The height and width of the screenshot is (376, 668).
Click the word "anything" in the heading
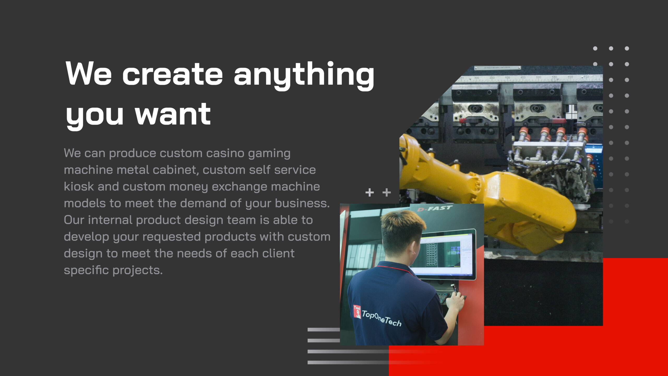(x=304, y=76)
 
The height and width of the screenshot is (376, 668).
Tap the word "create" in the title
(x=172, y=74)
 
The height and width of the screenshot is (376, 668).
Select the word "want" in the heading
(x=173, y=114)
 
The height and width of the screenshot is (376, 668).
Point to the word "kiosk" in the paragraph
(x=79, y=186)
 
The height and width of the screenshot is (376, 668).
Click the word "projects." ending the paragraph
(x=138, y=270)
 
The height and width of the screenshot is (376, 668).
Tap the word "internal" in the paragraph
(x=110, y=220)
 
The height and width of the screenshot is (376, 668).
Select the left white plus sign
(x=369, y=192)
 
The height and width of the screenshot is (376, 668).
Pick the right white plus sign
(x=386, y=192)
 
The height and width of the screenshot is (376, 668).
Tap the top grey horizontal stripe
(x=324, y=330)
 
